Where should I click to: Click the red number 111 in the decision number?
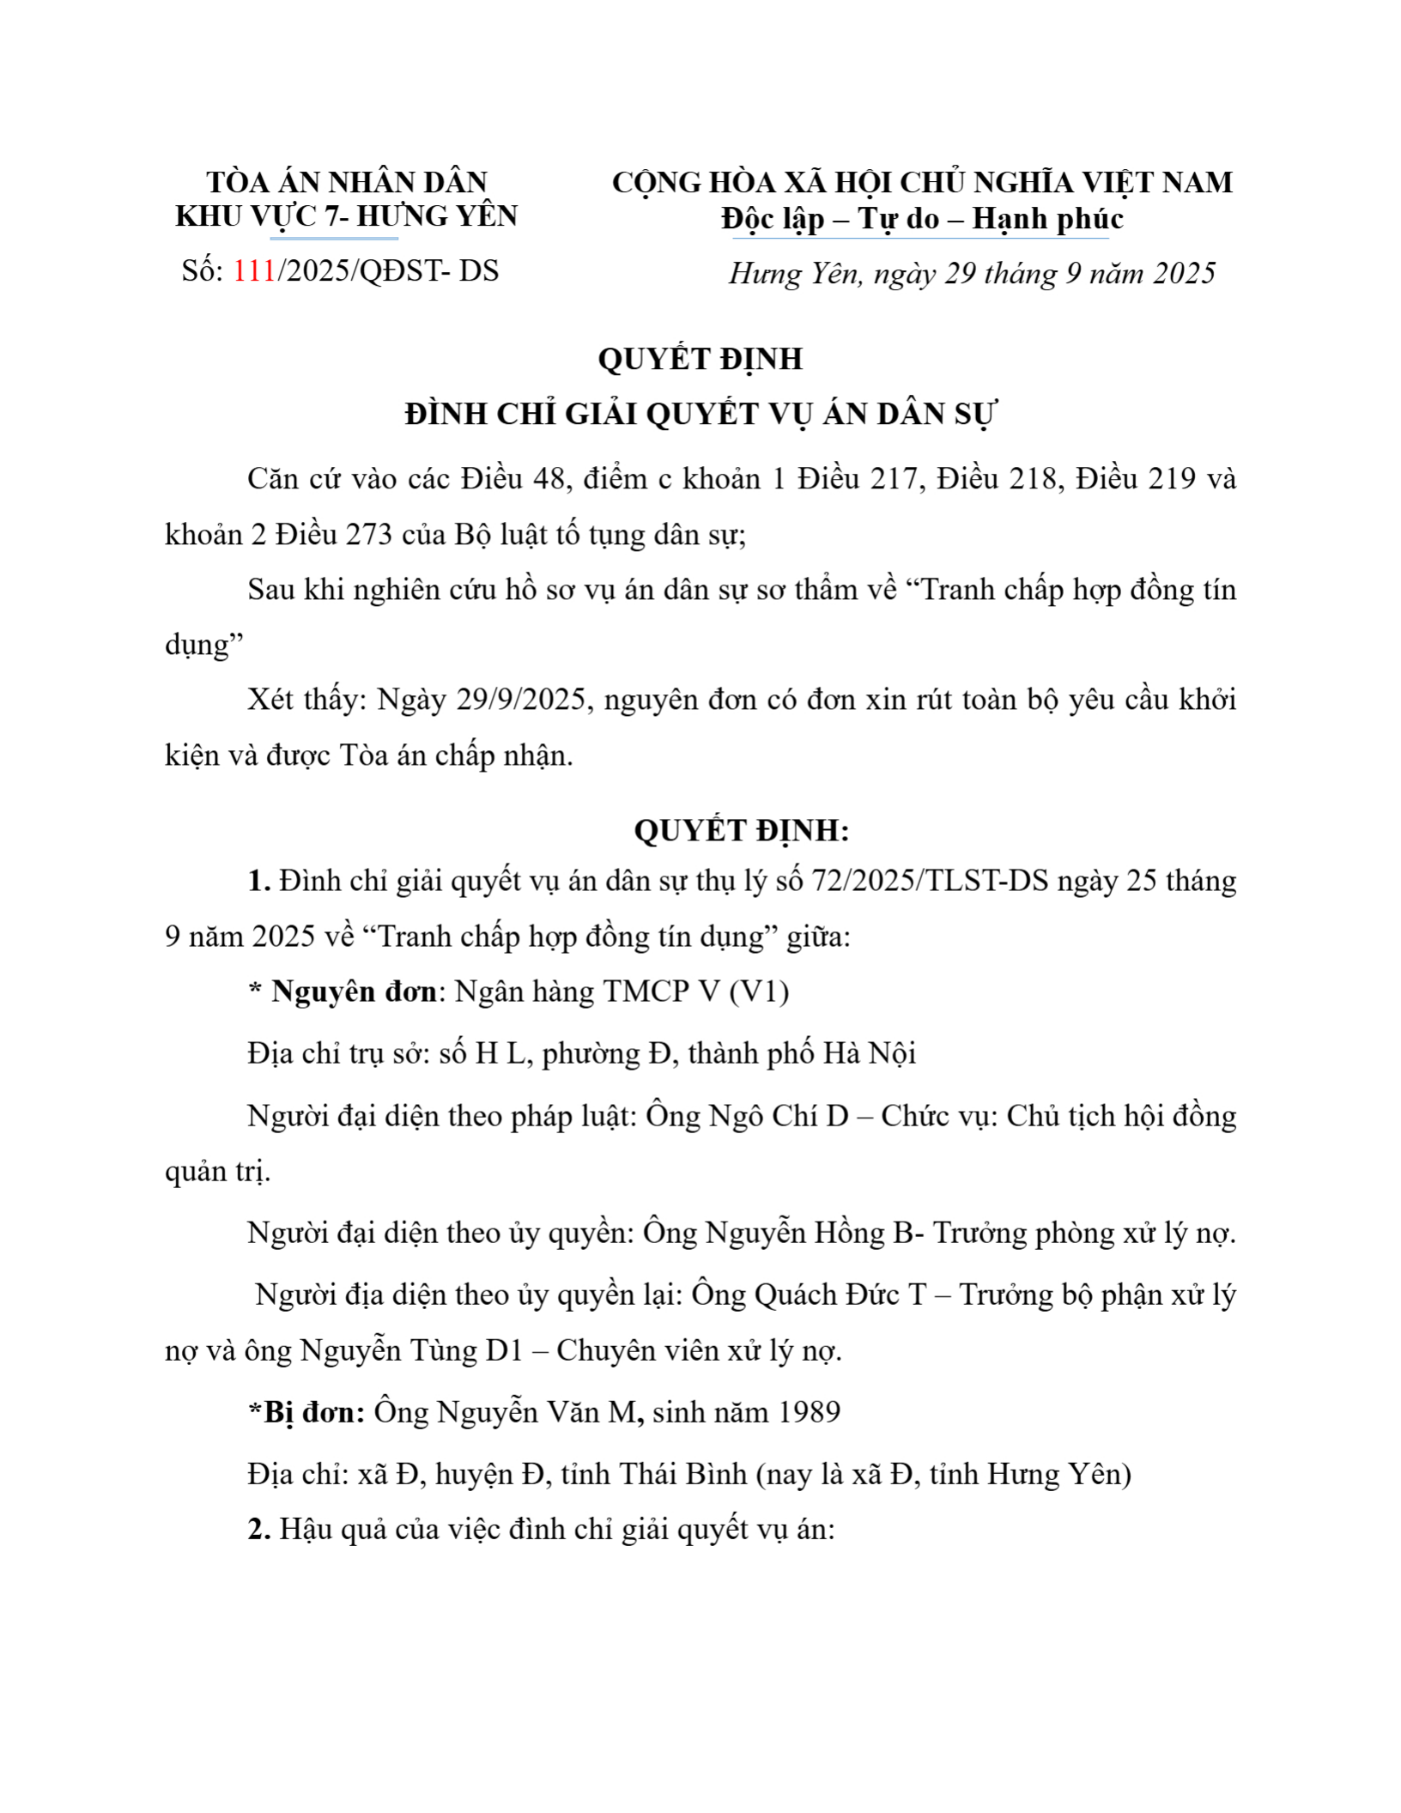click(254, 271)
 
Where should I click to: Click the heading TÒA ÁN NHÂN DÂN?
click(347, 182)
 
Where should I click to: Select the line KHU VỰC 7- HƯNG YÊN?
click(347, 216)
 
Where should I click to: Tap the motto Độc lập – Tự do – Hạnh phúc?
click(922, 219)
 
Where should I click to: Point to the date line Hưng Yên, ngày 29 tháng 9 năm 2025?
click(972, 274)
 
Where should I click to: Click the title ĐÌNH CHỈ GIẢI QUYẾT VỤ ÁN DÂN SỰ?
click(700, 415)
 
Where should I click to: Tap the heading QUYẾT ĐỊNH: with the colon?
click(742, 830)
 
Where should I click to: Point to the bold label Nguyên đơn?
click(354, 991)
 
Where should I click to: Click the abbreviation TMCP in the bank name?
click(646, 991)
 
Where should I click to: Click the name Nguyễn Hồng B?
click(809, 1234)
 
